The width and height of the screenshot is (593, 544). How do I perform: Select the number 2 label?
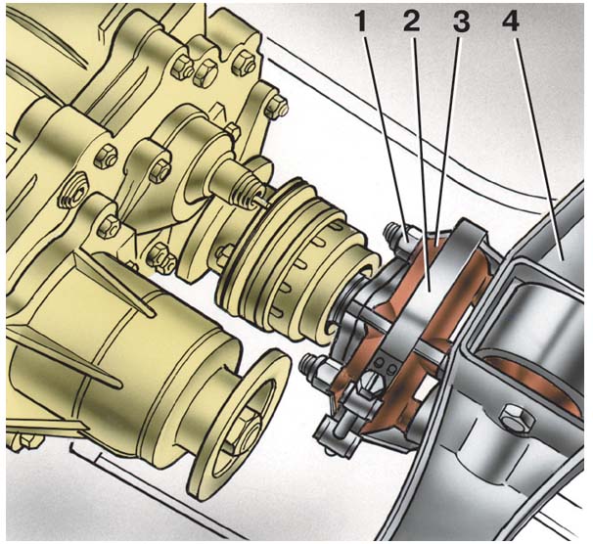click(412, 23)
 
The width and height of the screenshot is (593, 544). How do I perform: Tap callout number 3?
click(461, 23)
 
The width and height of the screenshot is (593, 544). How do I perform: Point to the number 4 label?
click(511, 23)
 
